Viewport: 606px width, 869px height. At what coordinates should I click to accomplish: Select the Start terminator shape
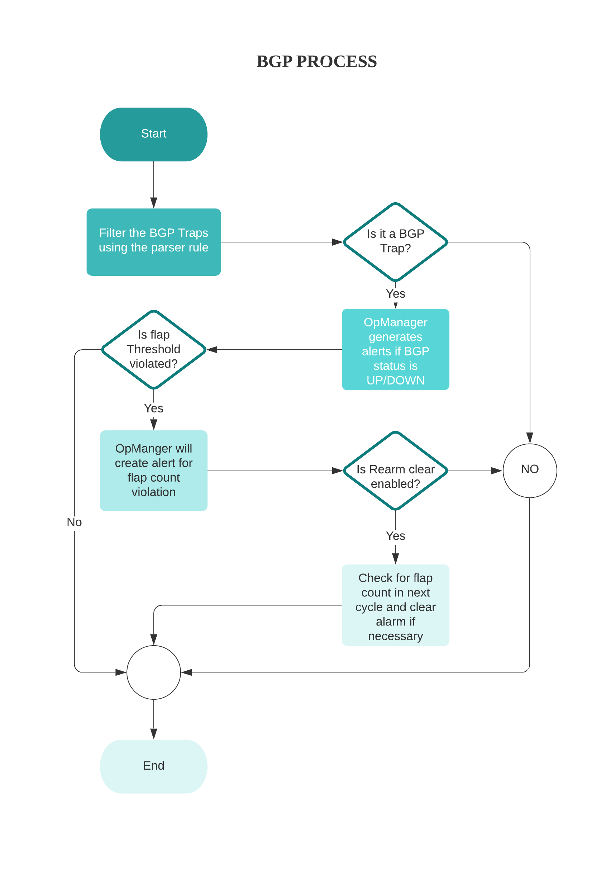coord(154,134)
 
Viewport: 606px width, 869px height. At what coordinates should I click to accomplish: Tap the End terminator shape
coord(154,766)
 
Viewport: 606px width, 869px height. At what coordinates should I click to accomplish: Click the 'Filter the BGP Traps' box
coord(154,242)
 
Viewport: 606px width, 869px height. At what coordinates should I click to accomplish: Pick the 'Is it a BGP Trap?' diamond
coord(395,242)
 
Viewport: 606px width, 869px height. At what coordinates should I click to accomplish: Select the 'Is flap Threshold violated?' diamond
coord(154,349)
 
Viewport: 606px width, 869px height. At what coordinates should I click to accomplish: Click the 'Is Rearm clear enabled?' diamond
coord(395,471)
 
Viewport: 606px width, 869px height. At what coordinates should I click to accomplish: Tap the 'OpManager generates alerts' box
coord(395,349)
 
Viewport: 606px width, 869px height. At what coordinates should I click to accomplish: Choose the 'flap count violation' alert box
coord(154,471)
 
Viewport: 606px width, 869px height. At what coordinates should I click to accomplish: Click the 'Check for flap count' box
coord(395,605)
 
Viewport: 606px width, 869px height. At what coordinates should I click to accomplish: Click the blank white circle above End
coord(154,672)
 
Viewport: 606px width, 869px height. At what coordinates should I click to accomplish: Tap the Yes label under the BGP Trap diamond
coord(395,294)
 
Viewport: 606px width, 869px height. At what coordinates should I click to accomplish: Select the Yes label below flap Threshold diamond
coord(154,408)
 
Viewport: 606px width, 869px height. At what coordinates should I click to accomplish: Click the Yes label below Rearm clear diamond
coord(395,536)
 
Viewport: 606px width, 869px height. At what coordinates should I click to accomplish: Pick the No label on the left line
coord(74,522)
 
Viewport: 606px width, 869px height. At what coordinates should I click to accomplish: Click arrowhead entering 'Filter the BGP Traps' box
coord(154,203)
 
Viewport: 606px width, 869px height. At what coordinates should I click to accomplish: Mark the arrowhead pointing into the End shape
coord(154,734)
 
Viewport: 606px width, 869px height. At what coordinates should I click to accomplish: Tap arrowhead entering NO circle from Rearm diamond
coord(497,471)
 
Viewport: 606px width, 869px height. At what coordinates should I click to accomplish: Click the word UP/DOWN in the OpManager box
coord(395,380)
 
